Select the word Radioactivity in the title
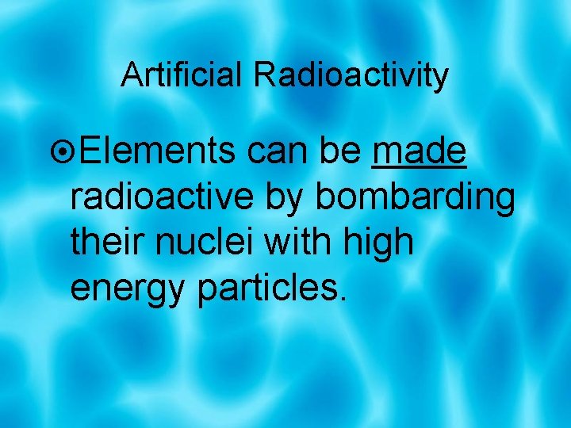[x=351, y=76]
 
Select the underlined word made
[x=419, y=151]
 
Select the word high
[x=380, y=243]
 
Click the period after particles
[x=343, y=300]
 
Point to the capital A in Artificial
[x=131, y=75]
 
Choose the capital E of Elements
[x=90, y=151]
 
